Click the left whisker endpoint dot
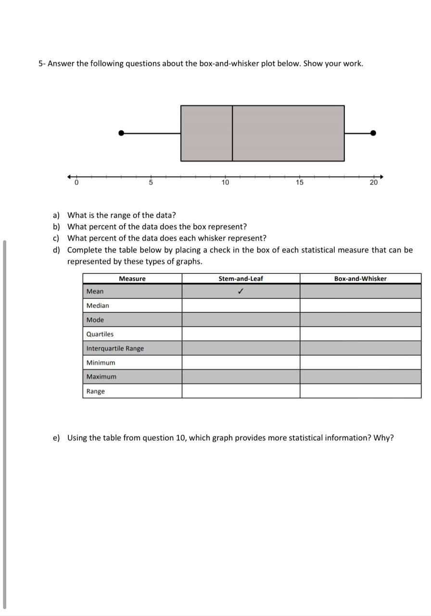tap(121, 133)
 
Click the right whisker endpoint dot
tap(373, 133)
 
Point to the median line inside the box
tap(232, 133)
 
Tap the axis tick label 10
tap(225, 182)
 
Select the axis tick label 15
tap(300, 182)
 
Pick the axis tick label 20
tap(374, 182)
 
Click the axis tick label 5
tap(151, 182)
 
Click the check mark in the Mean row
tap(241, 291)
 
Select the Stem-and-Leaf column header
tap(241, 279)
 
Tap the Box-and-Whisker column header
tap(360, 279)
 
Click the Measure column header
tap(132, 279)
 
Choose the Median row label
tap(98, 306)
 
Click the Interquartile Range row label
tap(115, 348)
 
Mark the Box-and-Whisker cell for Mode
tap(360, 320)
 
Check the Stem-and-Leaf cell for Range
tap(241, 391)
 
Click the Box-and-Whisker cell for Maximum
tap(360, 377)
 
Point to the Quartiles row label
tap(100, 334)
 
